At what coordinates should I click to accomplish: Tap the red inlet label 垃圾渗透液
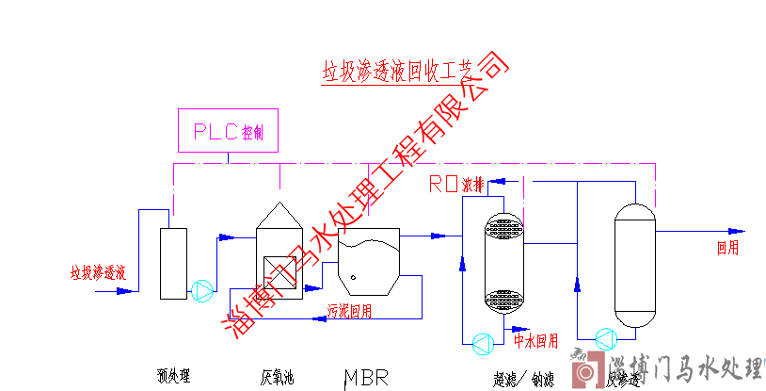98,273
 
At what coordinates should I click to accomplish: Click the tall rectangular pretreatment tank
173,261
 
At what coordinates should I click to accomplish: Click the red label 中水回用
536,339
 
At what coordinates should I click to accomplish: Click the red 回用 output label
727,249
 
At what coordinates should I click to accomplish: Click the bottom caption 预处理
173,377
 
